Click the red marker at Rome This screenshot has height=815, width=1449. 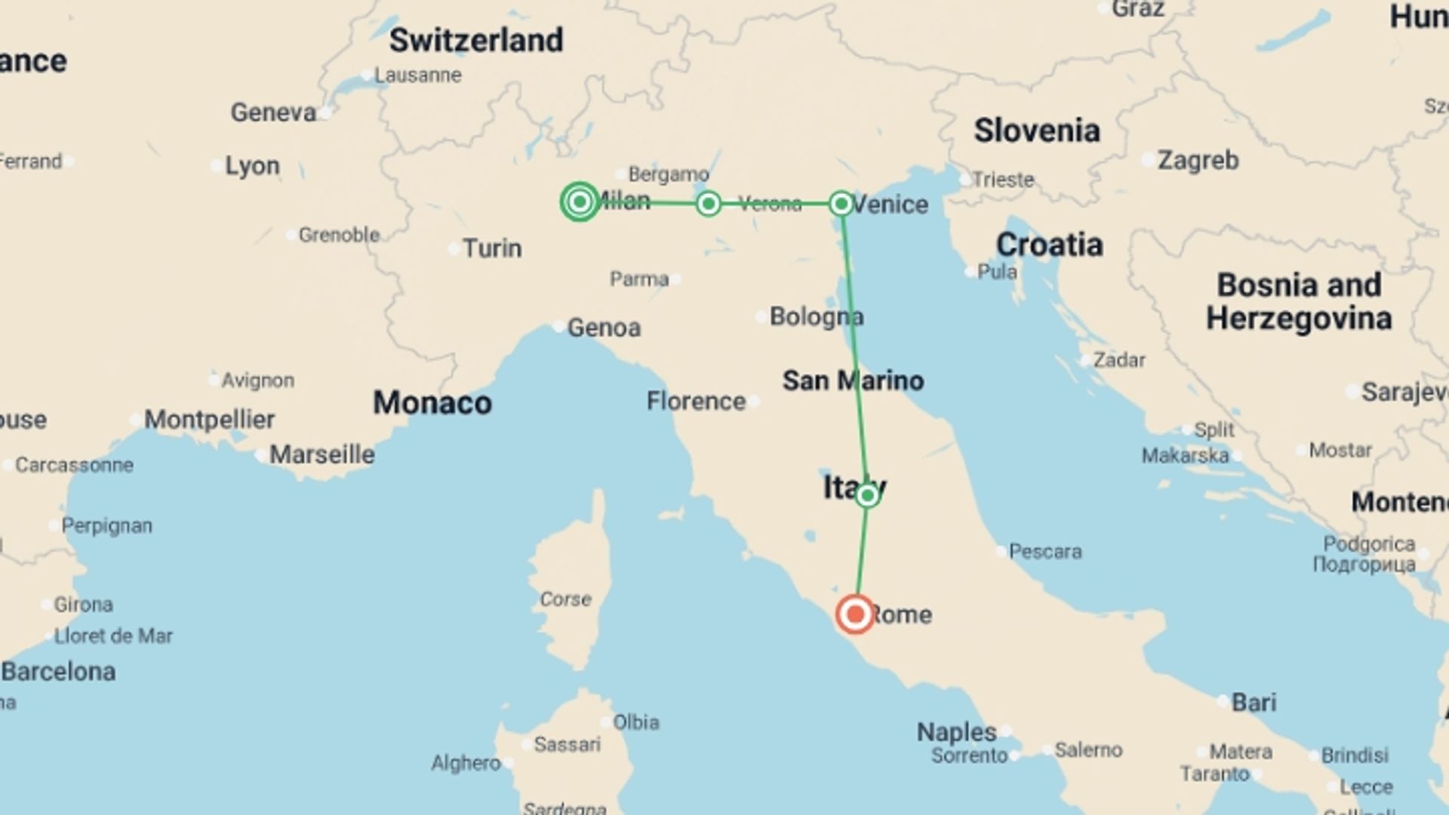coord(855,614)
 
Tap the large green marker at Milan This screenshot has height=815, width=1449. coord(580,201)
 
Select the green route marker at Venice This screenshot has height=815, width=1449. coord(841,204)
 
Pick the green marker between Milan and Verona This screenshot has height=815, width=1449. coord(708,204)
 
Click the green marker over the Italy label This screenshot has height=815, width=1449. coord(867,495)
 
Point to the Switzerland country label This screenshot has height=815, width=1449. coord(475,40)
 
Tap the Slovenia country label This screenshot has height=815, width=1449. coord(1036,131)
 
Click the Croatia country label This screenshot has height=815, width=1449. coord(1049,244)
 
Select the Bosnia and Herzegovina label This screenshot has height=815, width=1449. coord(1299,301)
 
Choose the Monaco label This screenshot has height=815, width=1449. coord(432,403)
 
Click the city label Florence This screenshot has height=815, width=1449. coord(696,401)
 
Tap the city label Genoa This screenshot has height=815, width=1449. coord(604,328)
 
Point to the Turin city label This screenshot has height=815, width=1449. coord(492,248)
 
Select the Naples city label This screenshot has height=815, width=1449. coord(956,731)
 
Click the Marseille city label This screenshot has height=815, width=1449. coord(321,454)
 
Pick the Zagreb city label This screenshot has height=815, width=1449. coord(1198,160)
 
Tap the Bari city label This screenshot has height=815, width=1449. coord(1254,703)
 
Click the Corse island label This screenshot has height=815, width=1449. coord(565,599)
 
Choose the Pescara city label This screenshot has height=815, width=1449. coord(1044,552)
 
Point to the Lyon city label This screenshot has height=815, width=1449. coord(252,165)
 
